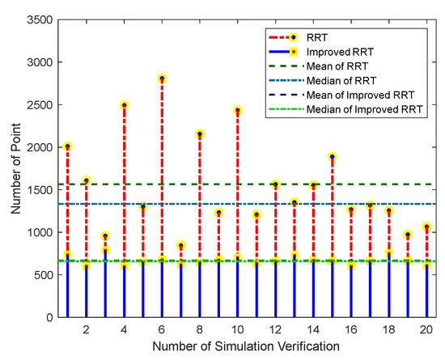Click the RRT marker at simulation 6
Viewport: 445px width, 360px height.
162,78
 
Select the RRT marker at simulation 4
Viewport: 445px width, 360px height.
124,105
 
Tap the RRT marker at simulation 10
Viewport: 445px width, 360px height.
238,110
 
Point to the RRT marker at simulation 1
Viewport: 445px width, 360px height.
67,146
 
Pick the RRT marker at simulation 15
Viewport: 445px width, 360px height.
333,157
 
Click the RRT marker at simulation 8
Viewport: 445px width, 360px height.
200,133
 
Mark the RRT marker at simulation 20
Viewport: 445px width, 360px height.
427,227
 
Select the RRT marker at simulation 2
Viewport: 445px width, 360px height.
86,180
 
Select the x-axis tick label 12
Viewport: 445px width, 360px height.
275,330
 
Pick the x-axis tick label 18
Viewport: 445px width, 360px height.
389,330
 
